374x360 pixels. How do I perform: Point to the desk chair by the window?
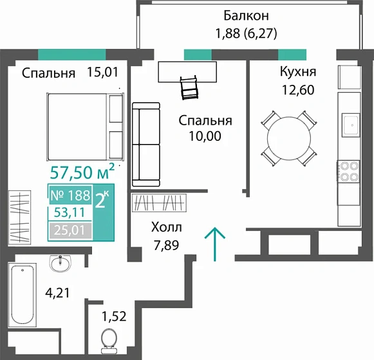(187, 87)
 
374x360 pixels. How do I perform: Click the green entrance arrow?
(215, 244)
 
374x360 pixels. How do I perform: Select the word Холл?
(166, 228)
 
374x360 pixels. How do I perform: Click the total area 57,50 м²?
(82, 172)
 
